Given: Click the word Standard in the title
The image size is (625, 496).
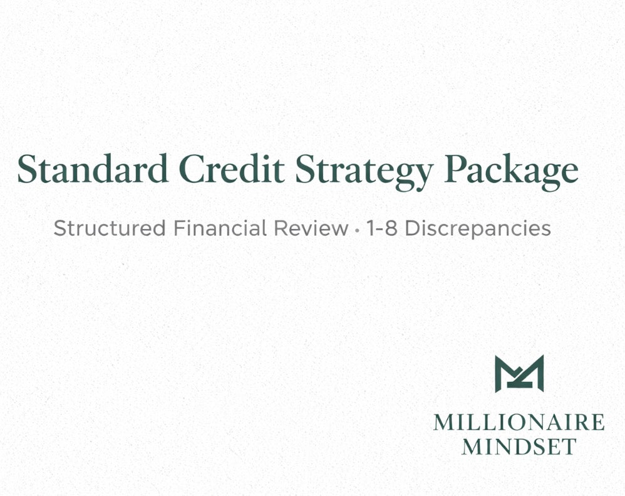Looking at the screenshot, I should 93,169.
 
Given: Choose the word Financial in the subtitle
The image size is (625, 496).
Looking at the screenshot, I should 220,228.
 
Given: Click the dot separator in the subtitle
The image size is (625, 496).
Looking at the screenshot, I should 357,230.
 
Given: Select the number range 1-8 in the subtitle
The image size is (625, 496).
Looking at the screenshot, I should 382,228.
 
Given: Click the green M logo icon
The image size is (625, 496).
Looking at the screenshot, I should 519,374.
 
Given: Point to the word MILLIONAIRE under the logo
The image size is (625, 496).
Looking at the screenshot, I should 519,422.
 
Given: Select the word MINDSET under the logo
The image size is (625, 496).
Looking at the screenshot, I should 519,446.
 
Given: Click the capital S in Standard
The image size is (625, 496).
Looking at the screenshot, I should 29,169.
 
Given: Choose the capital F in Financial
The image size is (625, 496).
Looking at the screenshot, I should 178,228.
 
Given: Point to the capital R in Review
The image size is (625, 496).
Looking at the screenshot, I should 279,228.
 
